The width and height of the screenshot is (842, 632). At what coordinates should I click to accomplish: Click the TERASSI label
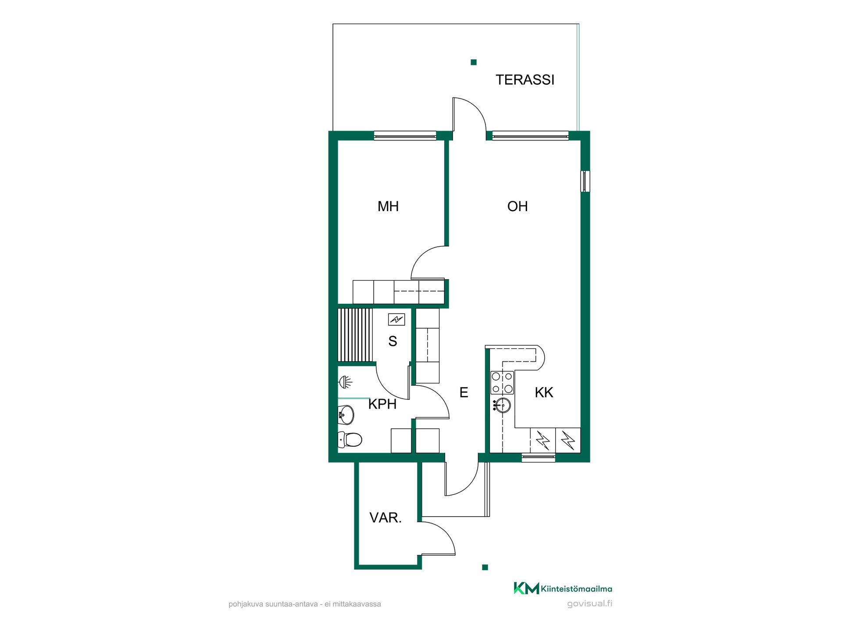click(x=524, y=80)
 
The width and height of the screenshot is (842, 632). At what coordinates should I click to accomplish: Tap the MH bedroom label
click(x=388, y=206)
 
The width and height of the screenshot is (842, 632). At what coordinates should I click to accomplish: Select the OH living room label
click(x=517, y=206)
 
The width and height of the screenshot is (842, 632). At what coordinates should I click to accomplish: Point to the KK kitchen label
click(x=544, y=392)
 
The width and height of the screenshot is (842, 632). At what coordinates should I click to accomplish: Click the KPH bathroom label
click(x=382, y=404)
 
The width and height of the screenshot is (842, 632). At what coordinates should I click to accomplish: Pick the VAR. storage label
click(x=385, y=518)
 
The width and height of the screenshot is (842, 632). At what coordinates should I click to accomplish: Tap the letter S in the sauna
click(x=392, y=341)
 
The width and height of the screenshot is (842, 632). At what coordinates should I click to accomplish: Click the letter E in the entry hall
click(x=464, y=392)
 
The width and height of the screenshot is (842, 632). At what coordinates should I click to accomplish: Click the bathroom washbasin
click(x=346, y=415)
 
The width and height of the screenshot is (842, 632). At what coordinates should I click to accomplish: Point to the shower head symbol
click(x=346, y=382)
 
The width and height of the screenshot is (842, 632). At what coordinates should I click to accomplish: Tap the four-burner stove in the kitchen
click(x=502, y=383)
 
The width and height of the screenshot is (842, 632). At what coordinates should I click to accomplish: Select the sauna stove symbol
click(x=396, y=320)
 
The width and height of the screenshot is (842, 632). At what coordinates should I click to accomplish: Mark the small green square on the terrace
click(x=474, y=62)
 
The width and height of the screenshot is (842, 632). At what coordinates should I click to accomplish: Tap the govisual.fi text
click(x=589, y=603)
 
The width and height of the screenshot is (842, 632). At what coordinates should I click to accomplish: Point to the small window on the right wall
click(x=585, y=181)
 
